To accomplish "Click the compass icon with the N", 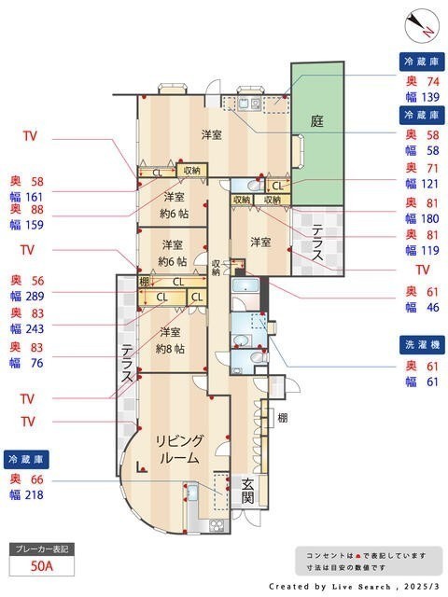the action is pyautogui.click(x=421, y=27).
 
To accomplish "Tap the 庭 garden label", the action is pyautogui.click(x=317, y=121).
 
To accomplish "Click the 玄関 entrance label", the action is pyautogui.click(x=247, y=491).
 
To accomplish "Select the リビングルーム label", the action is pyautogui.click(x=179, y=450).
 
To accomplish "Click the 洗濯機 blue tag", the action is pyautogui.click(x=422, y=345).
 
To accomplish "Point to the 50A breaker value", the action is pyautogui.click(x=41, y=566).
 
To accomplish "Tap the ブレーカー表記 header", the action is pyautogui.click(x=41, y=549).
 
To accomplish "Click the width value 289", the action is pyautogui.click(x=35, y=297).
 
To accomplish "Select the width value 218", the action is pyautogui.click(x=35, y=495).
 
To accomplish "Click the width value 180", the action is pyautogui.click(x=430, y=218).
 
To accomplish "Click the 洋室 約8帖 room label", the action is pyautogui.click(x=170, y=340).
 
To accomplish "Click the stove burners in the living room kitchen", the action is pyautogui.click(x=217, y=526).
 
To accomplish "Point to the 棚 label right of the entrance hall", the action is pyautogui.click(x=282, y=418).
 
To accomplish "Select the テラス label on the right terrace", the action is pyautogui.click(x=317, y=243).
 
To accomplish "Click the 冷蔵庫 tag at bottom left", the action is pyautogui.click(x=26, y=460).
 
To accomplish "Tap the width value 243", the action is pyautogui.click(x=35, y=329).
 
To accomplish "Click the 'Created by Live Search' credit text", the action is pyautogui.click(x=329, y=587).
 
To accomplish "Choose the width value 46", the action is pyautogui.click(x=433, y=307).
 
